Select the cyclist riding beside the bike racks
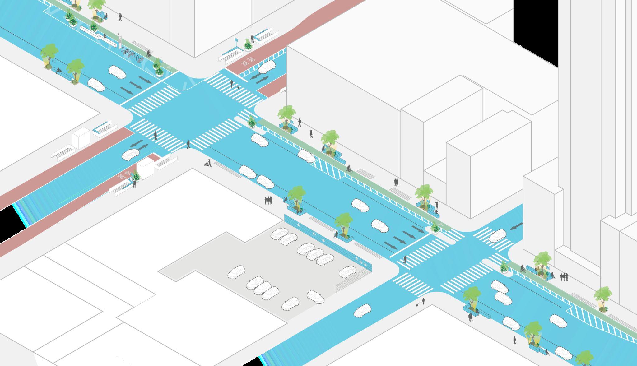point(149,54)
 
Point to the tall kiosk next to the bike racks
point(119,40)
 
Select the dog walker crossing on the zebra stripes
point(232,84)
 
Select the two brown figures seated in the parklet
point(538,269)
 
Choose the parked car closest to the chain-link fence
point(347,272)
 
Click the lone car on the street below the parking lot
point(362,311)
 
